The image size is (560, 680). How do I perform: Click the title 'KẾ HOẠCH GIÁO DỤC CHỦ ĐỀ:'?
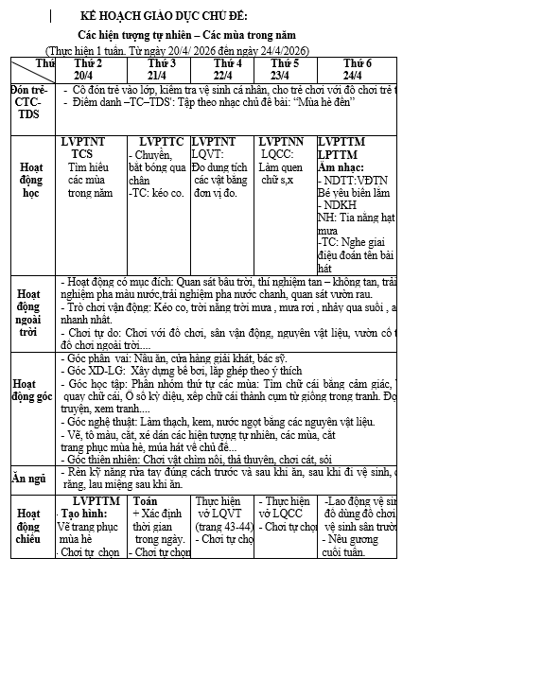pyautogui.click(x=163, y=17)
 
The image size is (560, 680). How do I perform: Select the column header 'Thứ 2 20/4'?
pyautogui.click(x=88, y=69)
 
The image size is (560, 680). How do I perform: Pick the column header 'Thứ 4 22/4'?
pyautogui.click(x=222, y=69)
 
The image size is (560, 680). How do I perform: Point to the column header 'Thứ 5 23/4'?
pyautogui.click(x=285, y=69)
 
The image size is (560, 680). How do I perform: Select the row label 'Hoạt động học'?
pyautogui.click(x=31, y=180)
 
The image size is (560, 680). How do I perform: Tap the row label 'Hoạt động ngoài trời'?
pyautogui.click(x=28, y=313)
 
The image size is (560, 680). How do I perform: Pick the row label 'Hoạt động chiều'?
pyautogui.click(x=28, y=526)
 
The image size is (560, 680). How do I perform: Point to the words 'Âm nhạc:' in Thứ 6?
pyautogui.click(x=341, y=166)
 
